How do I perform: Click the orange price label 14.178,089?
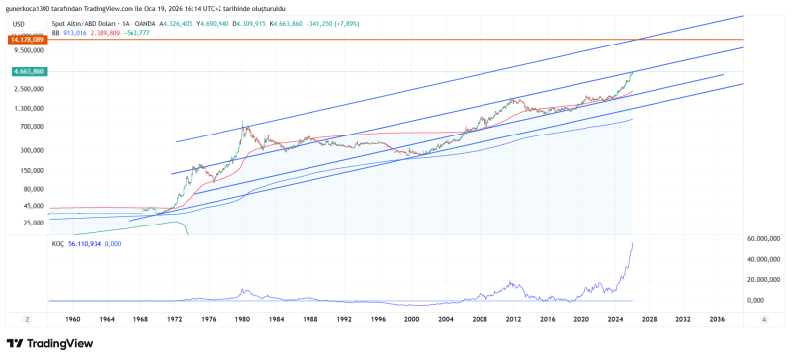point(27,41)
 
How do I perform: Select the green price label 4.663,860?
point(27,72)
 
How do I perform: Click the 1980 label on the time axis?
point(242,320)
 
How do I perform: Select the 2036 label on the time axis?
point(717,320)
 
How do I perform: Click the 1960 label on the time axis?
point(73,320)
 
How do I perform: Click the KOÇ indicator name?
point(57,243)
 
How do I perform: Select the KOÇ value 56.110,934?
point(86,243)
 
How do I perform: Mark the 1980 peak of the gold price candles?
point(243,123)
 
